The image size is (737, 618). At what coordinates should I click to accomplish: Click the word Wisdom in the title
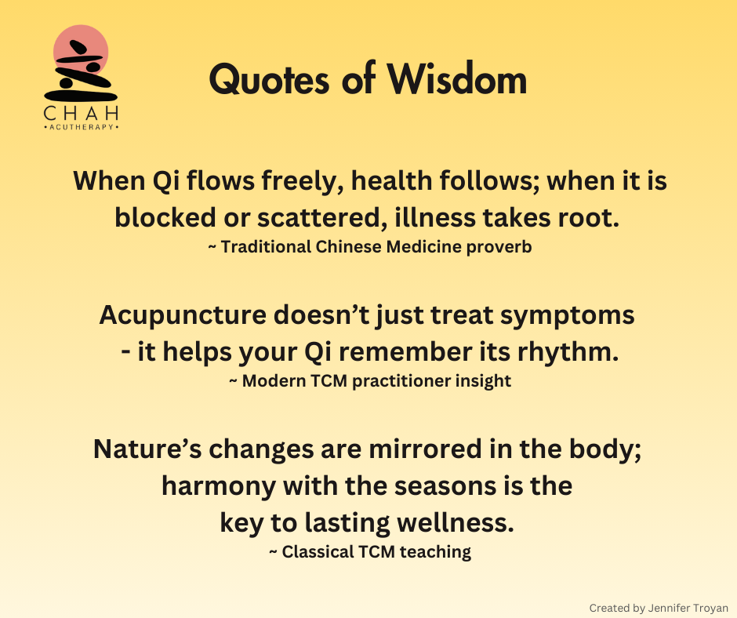457,79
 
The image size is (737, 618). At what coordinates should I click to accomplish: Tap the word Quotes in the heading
269,80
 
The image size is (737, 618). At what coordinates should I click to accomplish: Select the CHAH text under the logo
81,114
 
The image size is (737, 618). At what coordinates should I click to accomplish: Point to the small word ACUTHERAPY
82,127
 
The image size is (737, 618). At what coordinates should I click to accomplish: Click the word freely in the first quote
302,181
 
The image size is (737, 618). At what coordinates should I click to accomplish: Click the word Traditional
266,246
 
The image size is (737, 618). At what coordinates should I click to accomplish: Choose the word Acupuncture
183,315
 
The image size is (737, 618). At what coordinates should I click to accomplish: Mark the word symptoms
568,315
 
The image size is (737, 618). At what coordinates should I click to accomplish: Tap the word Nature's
147,449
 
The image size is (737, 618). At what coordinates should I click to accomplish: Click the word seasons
445,486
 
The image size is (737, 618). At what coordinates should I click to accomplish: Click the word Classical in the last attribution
318,551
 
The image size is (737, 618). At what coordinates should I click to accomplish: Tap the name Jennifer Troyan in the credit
688,608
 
